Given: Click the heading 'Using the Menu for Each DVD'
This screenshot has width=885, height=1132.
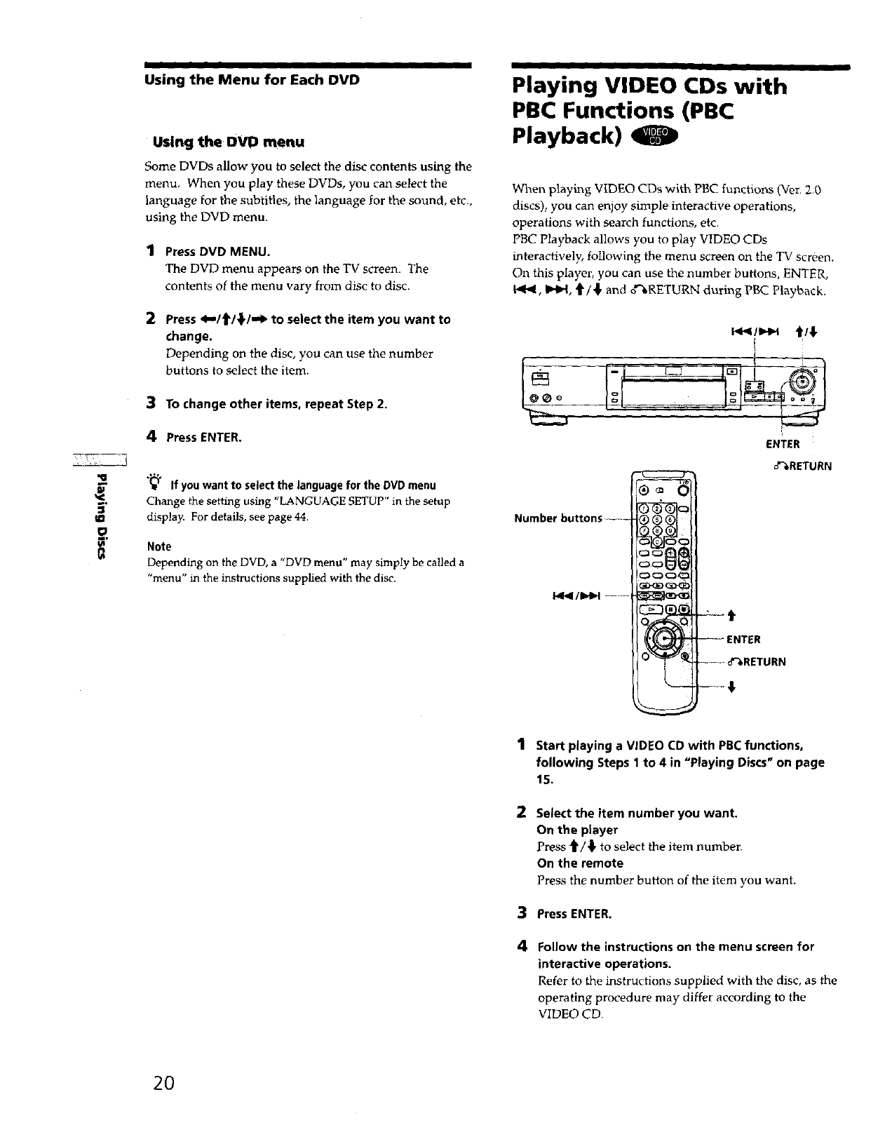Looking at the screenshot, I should tap(252, 80).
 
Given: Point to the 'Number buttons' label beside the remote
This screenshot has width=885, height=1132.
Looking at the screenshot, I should tap(558, 518).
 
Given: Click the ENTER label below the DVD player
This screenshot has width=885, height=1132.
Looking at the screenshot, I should tap(782, 444).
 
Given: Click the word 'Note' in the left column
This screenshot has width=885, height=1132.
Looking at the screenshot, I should tap(159, 546).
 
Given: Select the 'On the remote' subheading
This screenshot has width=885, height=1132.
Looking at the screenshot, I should tap(579, 863).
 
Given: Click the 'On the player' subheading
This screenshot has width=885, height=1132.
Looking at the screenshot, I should tap(576, 830).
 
